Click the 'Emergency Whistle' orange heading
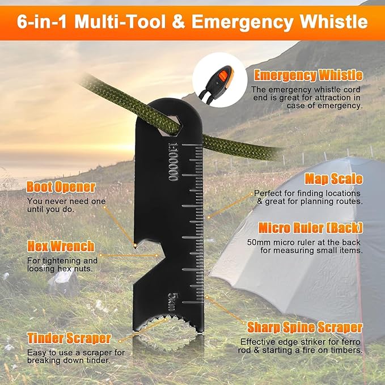tap(308, 75)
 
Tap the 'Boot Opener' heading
tap(61, 187)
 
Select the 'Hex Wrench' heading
tap(61, 246)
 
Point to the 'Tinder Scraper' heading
tap(69, 339)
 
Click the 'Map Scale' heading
tap(333, 179)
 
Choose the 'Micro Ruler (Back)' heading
tap(311, 228)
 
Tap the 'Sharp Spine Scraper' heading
tap(305, 327)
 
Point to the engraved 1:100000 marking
tap(174, 162)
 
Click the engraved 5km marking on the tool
tap(173, 302)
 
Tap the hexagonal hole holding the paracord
tap(169, 125)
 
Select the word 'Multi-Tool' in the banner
tap(120, 22)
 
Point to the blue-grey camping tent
tap(297, 248)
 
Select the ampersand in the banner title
tap(179, 22)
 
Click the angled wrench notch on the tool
tap(147, 270)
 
